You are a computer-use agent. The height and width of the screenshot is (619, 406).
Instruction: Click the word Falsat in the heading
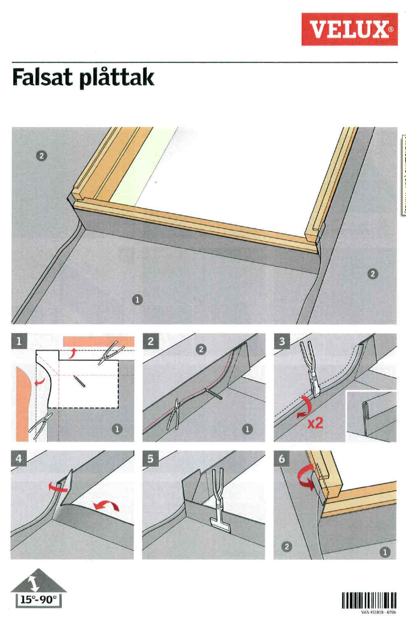tap(44, 77)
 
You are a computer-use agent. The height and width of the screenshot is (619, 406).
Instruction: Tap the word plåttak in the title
tap(118, 78)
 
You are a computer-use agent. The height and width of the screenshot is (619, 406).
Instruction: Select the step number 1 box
tap(19, 341)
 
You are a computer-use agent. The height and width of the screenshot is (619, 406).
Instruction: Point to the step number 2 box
tap(151, 341)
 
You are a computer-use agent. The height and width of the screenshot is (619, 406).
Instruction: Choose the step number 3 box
tap(282, 341)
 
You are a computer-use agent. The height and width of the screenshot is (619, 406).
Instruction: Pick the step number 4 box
tap(19, 459)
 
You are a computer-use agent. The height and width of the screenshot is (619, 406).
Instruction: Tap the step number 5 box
tap(151, 459)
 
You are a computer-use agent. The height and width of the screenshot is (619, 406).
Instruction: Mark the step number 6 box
tap(282, 459)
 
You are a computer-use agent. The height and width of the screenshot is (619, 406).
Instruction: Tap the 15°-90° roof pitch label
tap(38, 600)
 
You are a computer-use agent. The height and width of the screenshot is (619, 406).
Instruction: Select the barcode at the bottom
tap(369, 600)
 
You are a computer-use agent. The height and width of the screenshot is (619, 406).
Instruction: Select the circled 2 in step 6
tap(288, 546)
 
